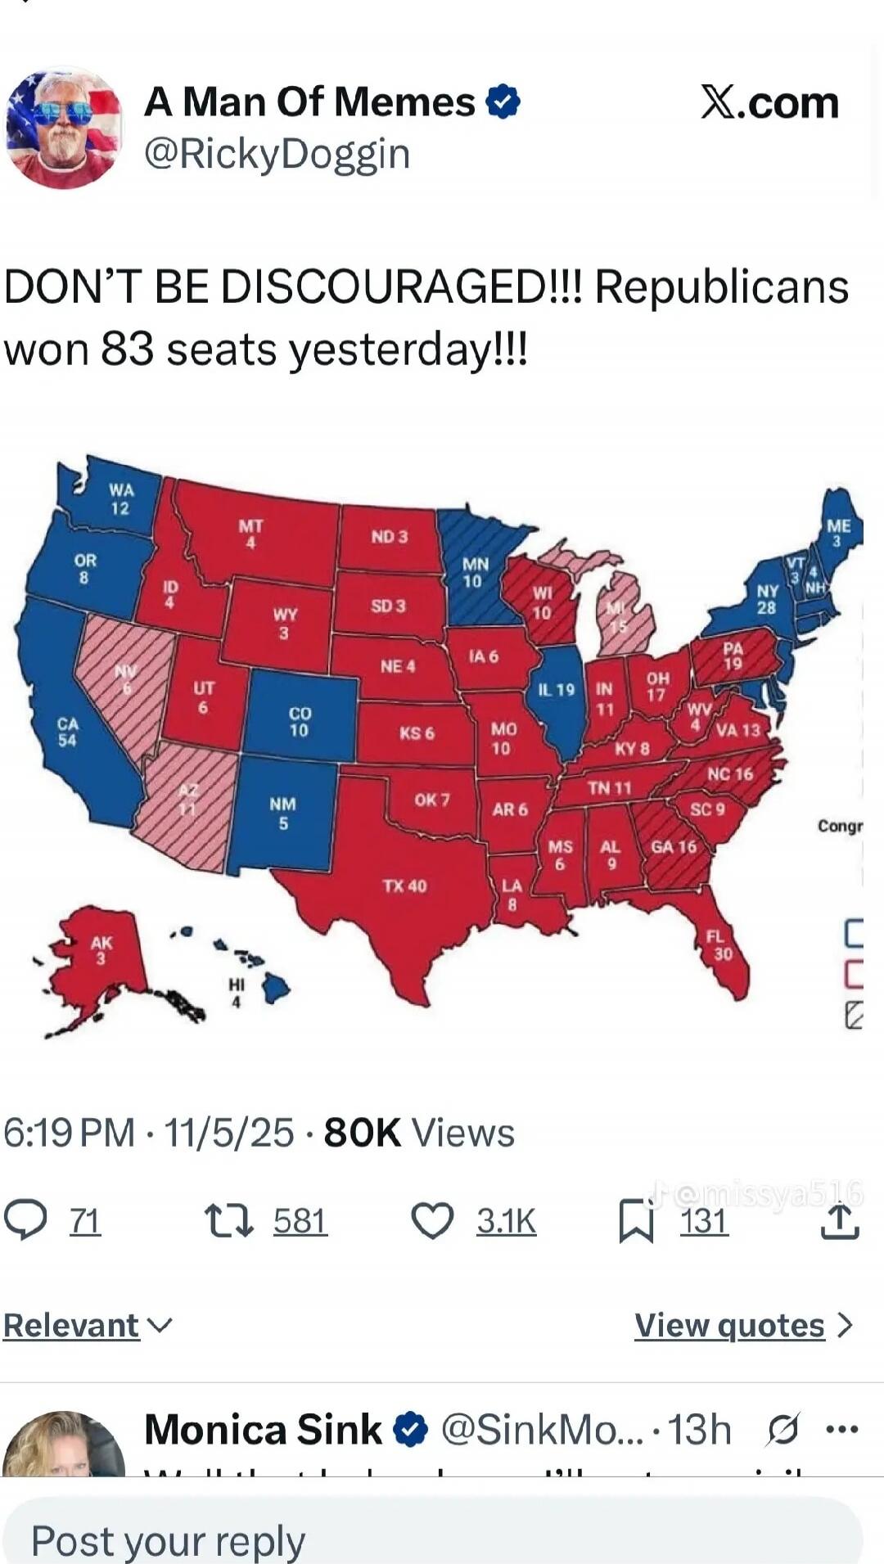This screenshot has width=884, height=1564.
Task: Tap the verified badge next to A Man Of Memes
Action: point(503,102)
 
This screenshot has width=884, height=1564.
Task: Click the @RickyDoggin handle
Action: point(277,154)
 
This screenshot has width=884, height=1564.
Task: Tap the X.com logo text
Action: point(769,103)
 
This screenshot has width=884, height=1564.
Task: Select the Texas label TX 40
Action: point(404,886)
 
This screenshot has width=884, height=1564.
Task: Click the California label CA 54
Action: point(67,732)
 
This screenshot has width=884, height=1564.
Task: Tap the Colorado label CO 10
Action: point(300,722)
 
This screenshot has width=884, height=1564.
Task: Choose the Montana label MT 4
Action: point(250,533)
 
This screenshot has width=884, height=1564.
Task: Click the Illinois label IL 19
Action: point(556,690)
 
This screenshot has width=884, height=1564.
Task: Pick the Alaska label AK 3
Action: point(101,950)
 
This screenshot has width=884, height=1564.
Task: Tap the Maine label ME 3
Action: point(838,533)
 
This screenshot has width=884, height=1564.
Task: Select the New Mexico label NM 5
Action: point(282,814)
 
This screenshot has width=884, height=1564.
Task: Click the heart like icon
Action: point(432,1221)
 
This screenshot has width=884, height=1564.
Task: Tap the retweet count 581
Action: point(300,1221)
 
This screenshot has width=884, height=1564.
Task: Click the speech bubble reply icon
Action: point(25,1220)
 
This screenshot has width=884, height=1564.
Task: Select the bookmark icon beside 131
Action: point(636,1221)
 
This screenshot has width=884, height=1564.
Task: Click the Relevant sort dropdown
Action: point(88,1325)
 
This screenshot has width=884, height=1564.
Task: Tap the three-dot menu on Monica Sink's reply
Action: point(841,1430)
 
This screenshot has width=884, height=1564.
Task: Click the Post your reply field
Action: point(434,1539)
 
